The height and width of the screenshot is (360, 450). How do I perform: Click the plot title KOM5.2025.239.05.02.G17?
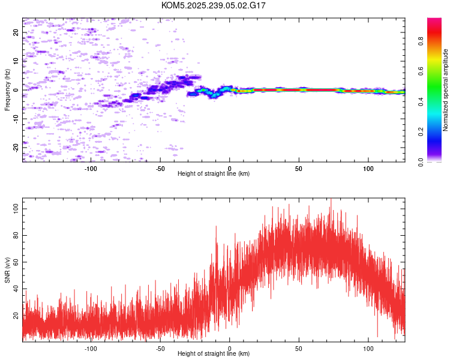(214, 5)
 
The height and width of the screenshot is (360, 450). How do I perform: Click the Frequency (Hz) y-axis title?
(7, 89)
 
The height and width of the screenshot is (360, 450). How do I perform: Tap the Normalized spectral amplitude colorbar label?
(446, 90)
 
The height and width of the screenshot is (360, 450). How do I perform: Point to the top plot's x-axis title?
(214, 173)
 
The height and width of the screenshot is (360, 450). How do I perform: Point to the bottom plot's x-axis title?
(214, 353)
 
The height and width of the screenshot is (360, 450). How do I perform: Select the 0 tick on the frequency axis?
(16, 89)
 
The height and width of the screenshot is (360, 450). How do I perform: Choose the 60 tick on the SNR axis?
(16, 262)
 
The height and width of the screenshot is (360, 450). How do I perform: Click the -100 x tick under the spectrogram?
(91, 169)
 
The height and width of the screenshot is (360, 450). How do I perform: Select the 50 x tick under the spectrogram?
(299, 169)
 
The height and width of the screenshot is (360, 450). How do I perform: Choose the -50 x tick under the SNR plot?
(160, 349)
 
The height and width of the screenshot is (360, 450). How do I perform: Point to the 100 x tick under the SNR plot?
(368, 349)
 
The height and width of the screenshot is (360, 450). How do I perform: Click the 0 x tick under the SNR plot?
(230, 349)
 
